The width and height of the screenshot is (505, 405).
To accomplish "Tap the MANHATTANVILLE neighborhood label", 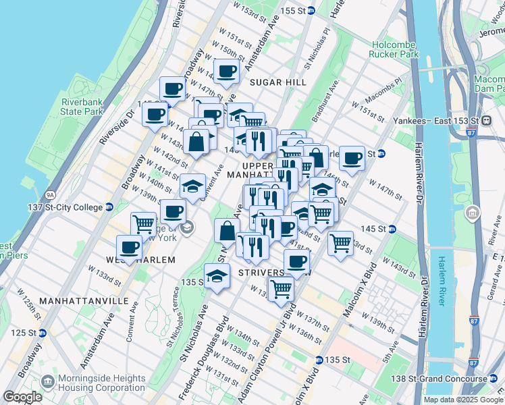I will point(74,300).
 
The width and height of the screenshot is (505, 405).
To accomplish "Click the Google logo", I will point(23,397).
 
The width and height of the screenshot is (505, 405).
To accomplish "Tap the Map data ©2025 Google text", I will point(462,400).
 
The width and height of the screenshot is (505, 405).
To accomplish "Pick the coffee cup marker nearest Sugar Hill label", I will point(227,70).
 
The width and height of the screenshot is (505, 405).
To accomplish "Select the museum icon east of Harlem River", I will point(472,215).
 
